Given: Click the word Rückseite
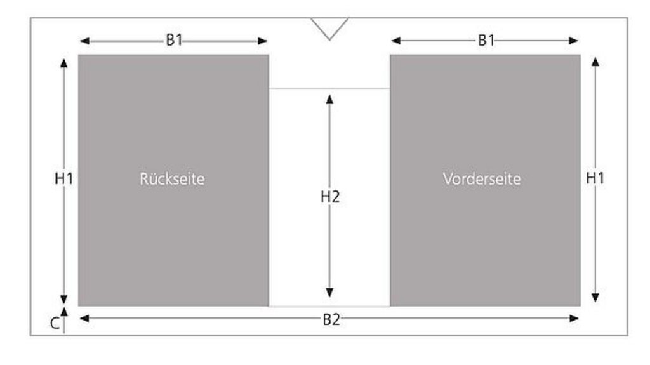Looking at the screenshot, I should tap(172, 179).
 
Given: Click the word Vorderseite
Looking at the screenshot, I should tap(482, 179).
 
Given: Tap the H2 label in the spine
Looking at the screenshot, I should tap(329, 197).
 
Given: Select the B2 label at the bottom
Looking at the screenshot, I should tap(331, 319).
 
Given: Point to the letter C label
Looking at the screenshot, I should tap(55, 324).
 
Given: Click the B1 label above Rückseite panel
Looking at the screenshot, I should tap(174, 41).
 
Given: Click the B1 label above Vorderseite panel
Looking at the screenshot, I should tap(486, 41).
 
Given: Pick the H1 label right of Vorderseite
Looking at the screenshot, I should tap(595, 179).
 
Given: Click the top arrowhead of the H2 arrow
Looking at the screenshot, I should tap(329, 98).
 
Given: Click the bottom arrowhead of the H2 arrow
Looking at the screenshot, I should tap(329, 293).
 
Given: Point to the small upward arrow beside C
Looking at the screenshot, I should tap(63, 312).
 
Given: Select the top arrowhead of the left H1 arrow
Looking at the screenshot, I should tap(63, 62).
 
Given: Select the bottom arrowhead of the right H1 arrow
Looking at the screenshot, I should tap(595, 297).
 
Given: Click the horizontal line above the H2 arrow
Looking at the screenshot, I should tap(329, 88).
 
